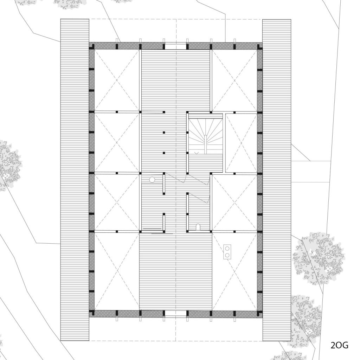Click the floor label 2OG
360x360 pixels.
(339, 345)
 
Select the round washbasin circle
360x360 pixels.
(152, 180)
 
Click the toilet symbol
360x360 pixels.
(198, 227)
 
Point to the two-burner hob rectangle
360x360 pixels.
(227, 251)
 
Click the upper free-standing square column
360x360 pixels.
(164, 133)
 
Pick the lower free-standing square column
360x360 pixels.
(164, 153)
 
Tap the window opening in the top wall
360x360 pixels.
(176, 46)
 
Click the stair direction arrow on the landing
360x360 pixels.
(197, 153)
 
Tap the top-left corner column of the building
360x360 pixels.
(92, 46)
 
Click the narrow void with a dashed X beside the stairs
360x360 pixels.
(241, 143)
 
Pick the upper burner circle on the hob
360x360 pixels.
(227, 249)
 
